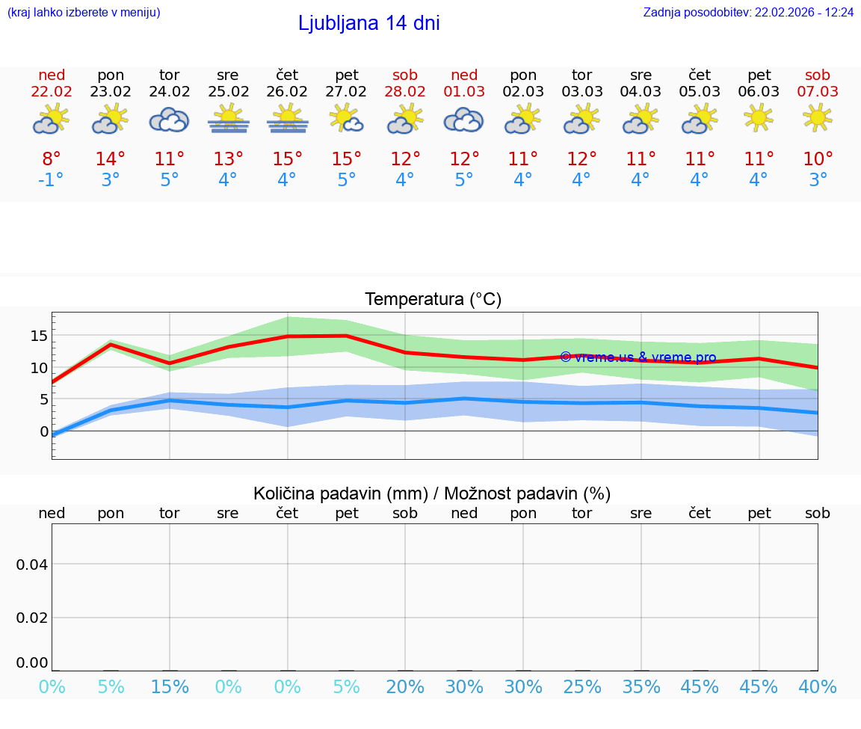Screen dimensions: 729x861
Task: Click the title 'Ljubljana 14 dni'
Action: (368, 23)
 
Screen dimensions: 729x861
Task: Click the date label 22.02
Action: (52, 91)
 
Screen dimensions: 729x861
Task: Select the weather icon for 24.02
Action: (169, 120)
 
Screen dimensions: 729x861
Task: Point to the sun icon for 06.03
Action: (759, 117)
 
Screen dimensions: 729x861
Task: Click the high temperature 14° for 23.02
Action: (111, 159)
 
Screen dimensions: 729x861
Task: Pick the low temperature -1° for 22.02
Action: (52, 180)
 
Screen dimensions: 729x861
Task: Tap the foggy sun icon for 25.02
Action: (228, 120)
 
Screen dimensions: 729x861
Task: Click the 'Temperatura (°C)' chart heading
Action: (433, 300)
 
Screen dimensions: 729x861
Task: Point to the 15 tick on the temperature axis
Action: (39, 336)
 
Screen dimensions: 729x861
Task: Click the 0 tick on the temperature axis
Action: (44, 431)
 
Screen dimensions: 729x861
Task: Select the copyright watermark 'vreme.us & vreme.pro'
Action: (638, 357)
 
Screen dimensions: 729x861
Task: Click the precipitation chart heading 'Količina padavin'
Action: (432, 493)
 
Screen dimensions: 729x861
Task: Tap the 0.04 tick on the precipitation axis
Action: (32, 565)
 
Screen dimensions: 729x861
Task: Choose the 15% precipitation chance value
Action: (170, 686)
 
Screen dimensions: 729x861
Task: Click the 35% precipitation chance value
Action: (641, 686)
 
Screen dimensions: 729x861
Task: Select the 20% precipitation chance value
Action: (405, 686)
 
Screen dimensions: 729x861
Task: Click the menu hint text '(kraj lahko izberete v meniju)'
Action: (84, 13)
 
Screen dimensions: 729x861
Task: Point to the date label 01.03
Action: (464, 91)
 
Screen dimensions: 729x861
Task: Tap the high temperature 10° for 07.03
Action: (818, 159)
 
